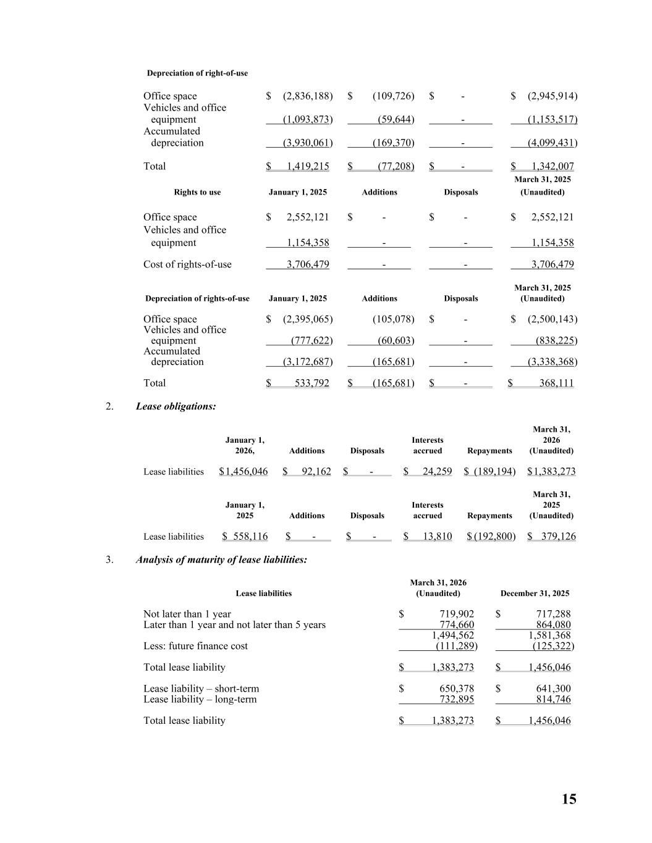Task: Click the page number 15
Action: (569, 799)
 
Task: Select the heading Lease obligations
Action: (176, 406)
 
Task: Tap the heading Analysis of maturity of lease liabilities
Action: (221, 560)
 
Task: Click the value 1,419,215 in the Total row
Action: (308, 166)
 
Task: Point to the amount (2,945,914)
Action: (552, 96)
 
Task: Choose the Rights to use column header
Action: (197, 192)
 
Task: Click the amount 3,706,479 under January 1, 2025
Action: (308, 264)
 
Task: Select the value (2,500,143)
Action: (552, 319)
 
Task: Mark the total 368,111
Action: (556, 383)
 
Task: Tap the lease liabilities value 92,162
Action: (316, 472)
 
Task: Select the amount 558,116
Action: (250, 537)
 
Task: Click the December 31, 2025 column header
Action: (535, 593)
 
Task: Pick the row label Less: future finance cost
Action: (195, 646)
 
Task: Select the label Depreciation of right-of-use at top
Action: (197, 73)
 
